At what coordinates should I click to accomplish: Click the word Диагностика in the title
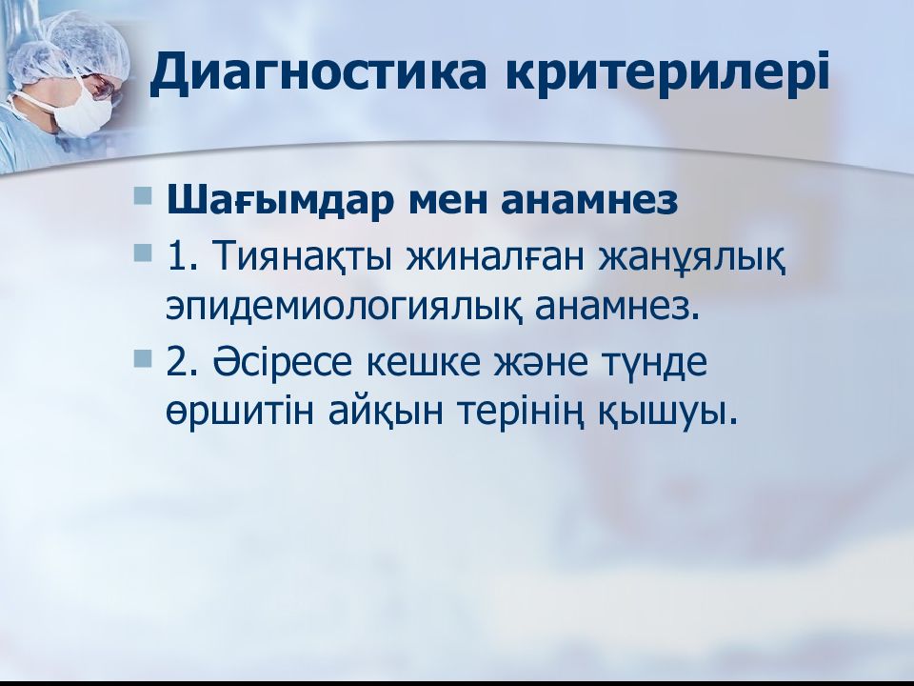point(317,73)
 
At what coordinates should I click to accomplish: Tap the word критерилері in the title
point(666,73)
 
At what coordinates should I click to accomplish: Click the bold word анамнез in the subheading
point(588,201)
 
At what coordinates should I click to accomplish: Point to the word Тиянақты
point(302,256)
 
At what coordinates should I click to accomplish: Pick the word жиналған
point(495,256)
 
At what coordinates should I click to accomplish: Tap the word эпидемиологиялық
point(343,308)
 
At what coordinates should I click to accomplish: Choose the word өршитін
point(240,413)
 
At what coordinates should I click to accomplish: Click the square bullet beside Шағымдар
point(143,195)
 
